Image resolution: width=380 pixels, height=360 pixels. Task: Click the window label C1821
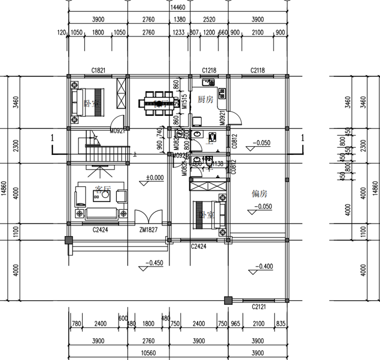[x=98, y=70]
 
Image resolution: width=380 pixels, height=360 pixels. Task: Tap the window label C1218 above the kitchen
[x=209, y=70]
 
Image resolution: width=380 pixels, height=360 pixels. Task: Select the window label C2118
[x=257, y=70]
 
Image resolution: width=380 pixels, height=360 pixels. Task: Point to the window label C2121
[x=259, y=306]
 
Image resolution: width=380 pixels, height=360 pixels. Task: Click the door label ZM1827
[x=148, y=229]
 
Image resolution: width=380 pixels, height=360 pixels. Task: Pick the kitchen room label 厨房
[x=205, y=99]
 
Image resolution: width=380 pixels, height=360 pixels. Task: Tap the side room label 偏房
[x=259, y=194]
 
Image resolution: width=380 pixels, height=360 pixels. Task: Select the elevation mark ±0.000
[x=155, y=177]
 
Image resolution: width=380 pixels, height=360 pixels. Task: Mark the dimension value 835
[x=280, y=324]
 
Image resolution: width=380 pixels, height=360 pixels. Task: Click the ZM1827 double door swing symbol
[x=148, y=218]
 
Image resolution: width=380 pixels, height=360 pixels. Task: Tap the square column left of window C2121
[x=228, y=300]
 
